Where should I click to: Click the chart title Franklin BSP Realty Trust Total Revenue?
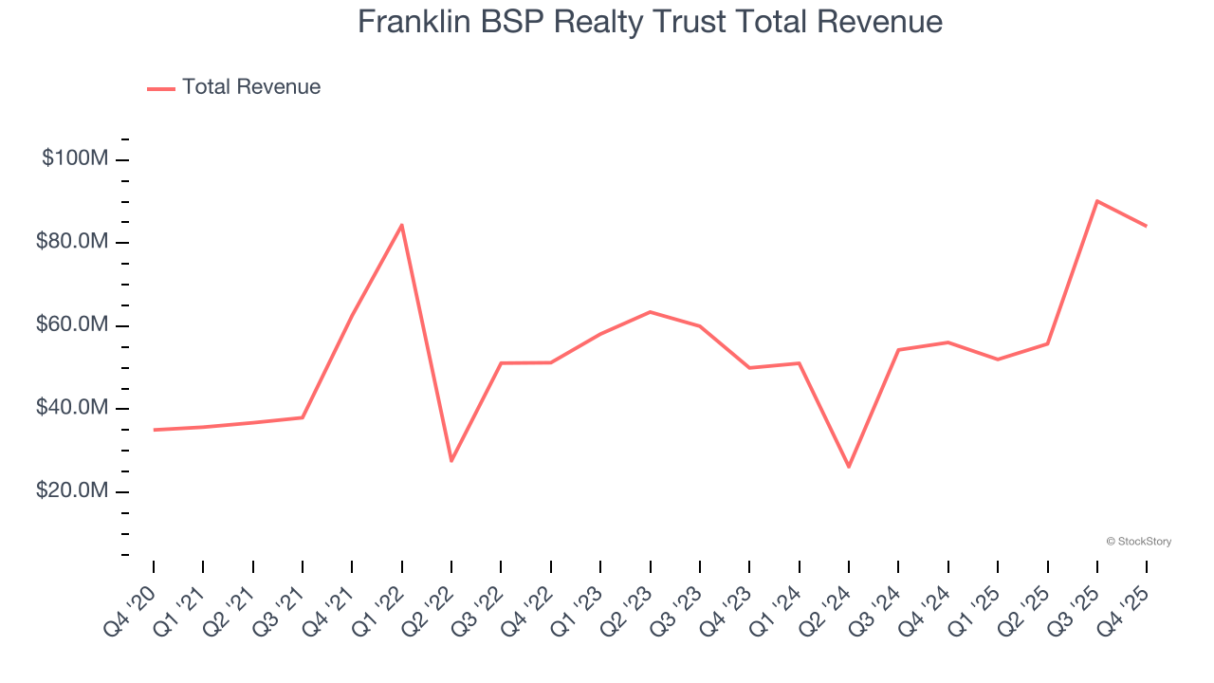[x=650, y=22]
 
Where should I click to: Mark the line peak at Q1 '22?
[x=402, y=225]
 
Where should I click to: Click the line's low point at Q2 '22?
[x=451, y=461]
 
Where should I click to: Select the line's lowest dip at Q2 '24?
[x=849, y=467]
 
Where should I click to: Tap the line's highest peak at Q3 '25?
[x=1097, y=201]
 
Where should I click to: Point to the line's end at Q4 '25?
[x=1147, y=226]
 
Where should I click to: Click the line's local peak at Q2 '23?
[x=650, y=312]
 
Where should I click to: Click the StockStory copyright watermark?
[x=1138, y=542]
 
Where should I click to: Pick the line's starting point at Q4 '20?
[x=154, y=430]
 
